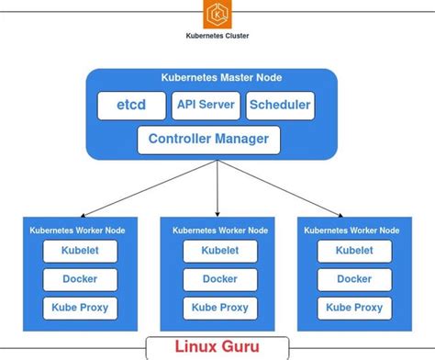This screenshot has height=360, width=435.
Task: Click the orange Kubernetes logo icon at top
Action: click(x=217, y=15)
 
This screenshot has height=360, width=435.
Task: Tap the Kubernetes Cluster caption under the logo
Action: click(x=217, y=38)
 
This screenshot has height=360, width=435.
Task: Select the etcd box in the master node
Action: click(x=132, y=106)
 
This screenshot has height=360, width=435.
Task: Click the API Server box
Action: click(x=206, y=106)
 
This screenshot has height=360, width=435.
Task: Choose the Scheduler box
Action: click(x=279, y=106)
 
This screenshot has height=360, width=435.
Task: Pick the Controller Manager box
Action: click(x=208, y=140)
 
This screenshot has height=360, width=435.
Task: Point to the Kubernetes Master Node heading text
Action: click(x=217, y=79)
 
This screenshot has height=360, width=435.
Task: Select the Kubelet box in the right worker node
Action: click(x=353, y=251)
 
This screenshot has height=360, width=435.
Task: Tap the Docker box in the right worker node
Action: click(x=353, y=279)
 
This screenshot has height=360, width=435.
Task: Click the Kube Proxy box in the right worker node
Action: click(x=353, y=308)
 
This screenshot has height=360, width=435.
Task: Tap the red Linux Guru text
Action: click(x=217, y=347)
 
